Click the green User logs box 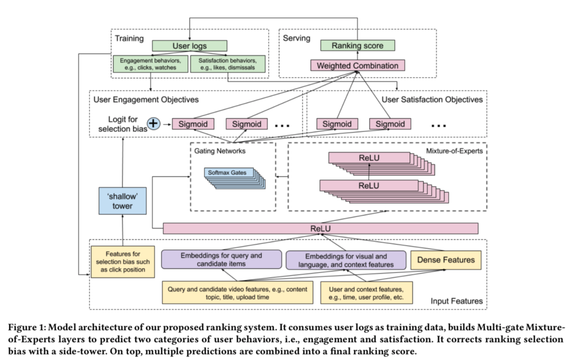[190, 45]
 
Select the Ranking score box [358, 45]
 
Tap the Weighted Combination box [358, 66]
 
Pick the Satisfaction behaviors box [229, 63]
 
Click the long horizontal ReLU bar [321, 228]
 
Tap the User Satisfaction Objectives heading [432, 100]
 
